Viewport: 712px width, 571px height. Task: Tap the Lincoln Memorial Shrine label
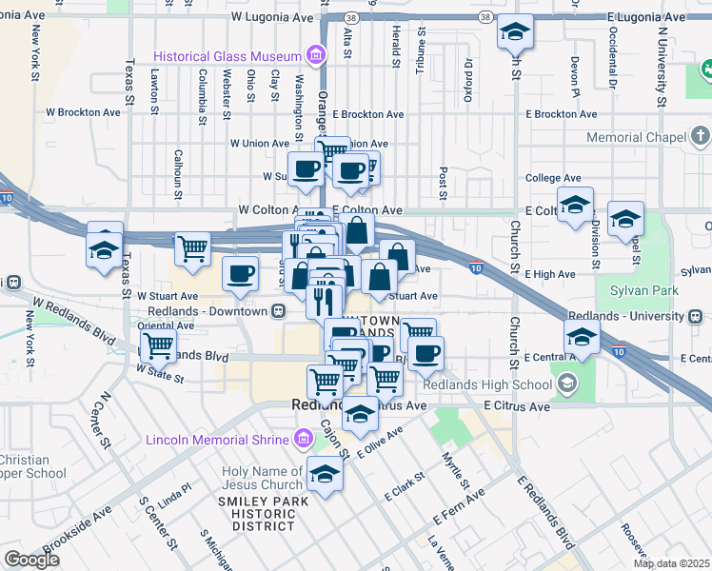click(x=217, y=440)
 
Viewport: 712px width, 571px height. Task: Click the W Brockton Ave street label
click(x=84, y=111)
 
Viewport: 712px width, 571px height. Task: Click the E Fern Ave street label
click(x=459, y=507)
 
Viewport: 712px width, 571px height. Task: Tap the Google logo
click(x=30, y=560)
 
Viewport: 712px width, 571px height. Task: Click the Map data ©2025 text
click(x=670, y=563)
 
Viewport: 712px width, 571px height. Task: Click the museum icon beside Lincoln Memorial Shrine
click(x=304, y=439)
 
